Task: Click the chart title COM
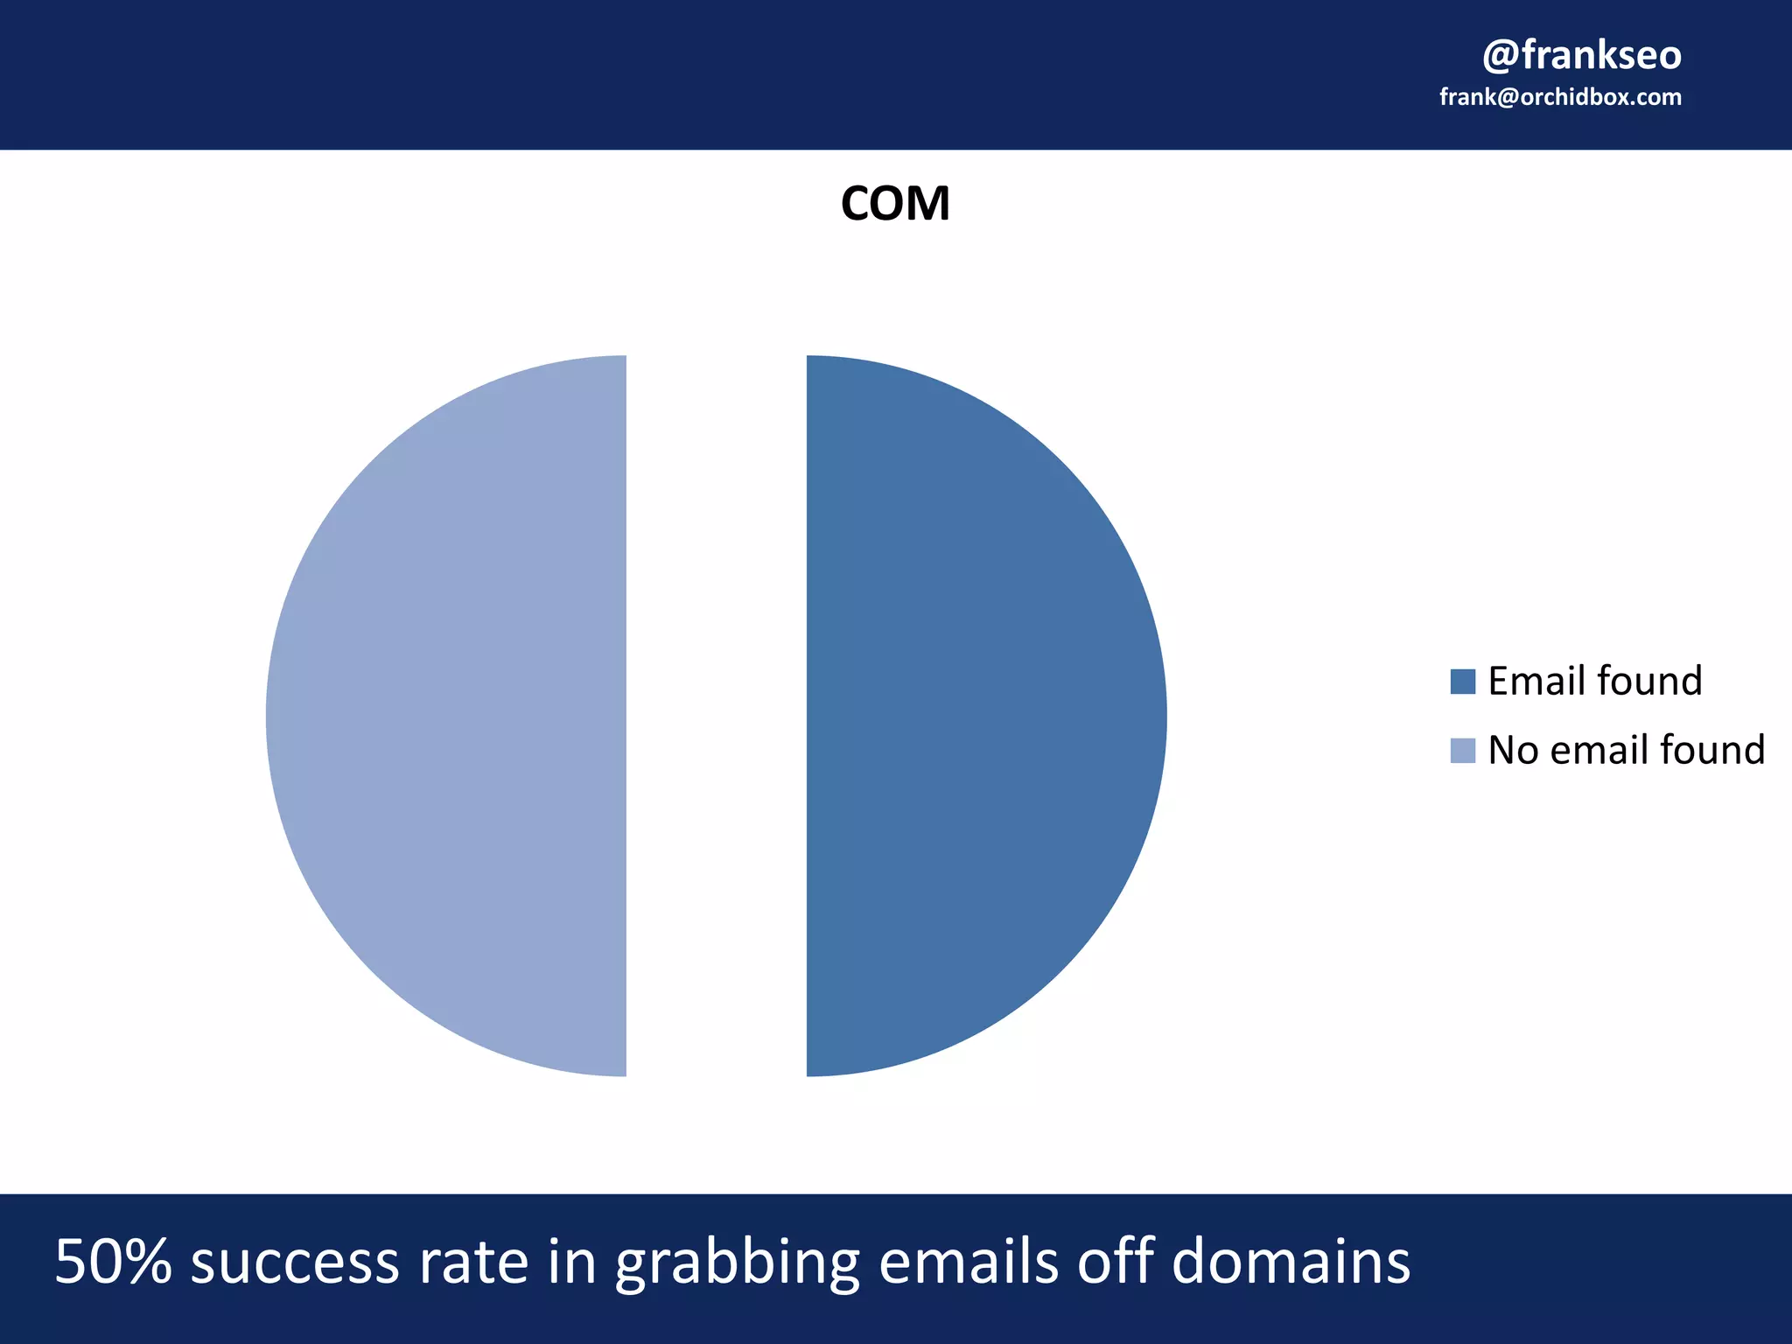[x=894, y=204]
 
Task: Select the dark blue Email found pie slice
[x=980, y=716]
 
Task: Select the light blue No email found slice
[x=455, y=716]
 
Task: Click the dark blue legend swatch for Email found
[x=1462, y=681]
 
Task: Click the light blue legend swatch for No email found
[x=1462, y=750]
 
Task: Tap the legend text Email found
[x=1594, y=681]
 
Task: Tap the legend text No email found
[x=1626, y=750]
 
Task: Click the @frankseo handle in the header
[x=1581, y=55]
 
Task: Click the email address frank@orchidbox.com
[x=1560, y=97]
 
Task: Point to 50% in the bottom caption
[x=113, y=1261]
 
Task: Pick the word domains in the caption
[x=1290, y=1261]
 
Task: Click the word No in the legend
[x=1512, y=750]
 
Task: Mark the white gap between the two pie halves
[x=716, y=716]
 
